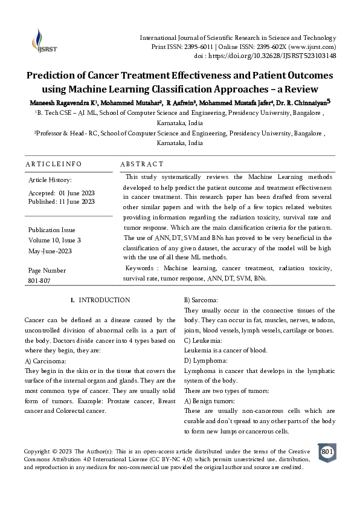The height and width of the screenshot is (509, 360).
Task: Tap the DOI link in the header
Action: [284, 56]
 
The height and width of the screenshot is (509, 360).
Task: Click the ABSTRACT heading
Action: [141, 164]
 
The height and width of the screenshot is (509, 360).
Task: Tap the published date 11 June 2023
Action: [77, 201]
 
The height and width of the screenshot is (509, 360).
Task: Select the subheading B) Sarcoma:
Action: [205, 300]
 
